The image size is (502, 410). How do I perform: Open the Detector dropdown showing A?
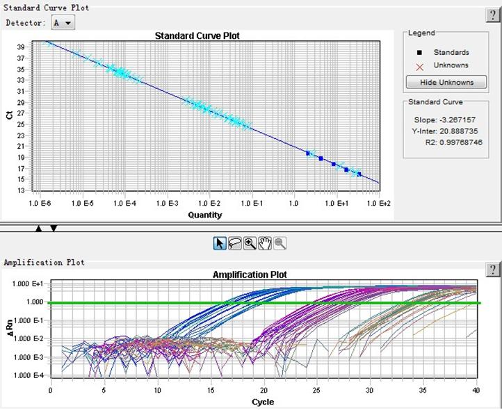(x=64, y=23)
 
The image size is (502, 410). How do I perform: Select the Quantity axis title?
(x=205, y=215)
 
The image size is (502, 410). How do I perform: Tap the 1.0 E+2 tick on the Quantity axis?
(x=379, y=204)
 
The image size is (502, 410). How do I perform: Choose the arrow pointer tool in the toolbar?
(x=220, y=243)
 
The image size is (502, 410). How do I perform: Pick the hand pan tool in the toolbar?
(x=265, y=243)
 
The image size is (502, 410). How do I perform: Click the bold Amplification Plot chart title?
(x=249, y=275)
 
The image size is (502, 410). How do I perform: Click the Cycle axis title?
(x=262, y=402)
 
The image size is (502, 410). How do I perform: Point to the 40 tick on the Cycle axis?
(x=476, y=391)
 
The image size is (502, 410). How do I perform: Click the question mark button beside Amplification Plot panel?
(x=492, y=268)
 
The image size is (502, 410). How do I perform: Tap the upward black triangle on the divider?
(x=39, y=228)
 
